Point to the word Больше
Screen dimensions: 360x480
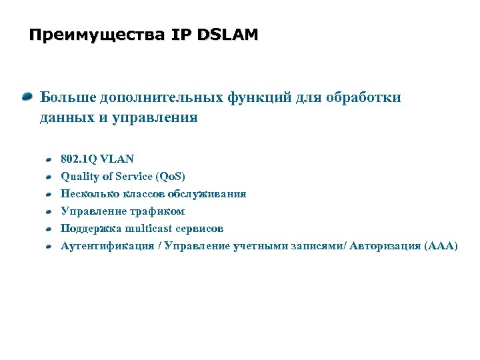click(67, 98)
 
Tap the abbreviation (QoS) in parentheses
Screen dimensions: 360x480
click(170, 177)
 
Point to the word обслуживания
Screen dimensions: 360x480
click(207, 194)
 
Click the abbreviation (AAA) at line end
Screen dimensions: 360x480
click(441, 246)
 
